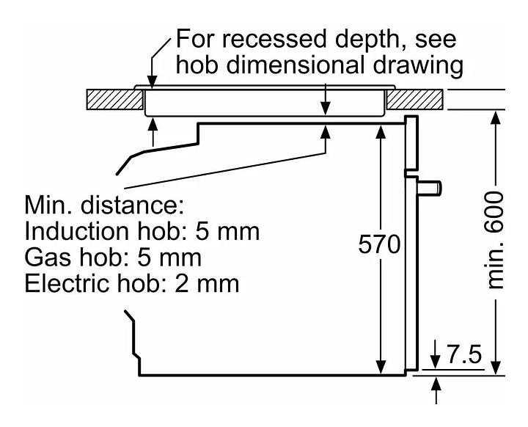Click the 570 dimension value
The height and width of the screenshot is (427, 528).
pyautogui.click(x=379, y=244)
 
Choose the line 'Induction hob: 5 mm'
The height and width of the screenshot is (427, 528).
pyautogui.click(x=142, y=232)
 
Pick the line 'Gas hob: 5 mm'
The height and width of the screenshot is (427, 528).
pyautogui.click(x=114, y=258)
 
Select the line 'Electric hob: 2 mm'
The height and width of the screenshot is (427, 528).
pyautogui.click(x=132, y=283)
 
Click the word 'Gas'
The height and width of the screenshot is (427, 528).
pyautogui.click(x=48, y=258)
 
